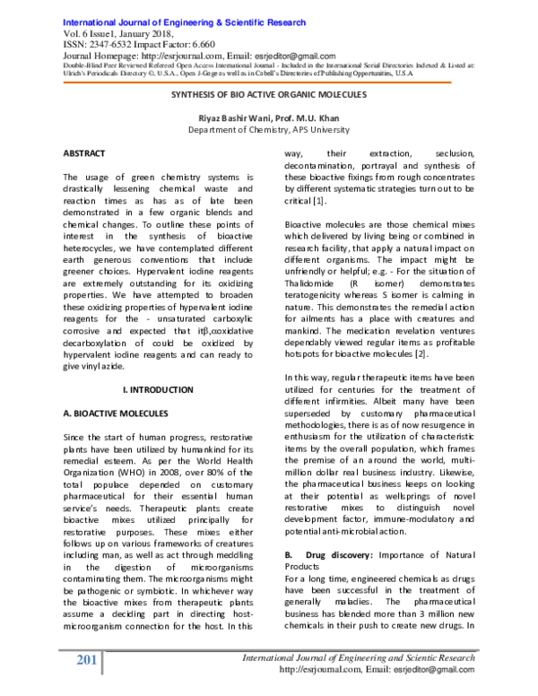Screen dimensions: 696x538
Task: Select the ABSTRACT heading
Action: tap(84, 153)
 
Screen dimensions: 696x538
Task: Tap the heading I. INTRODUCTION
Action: tap(157, 389)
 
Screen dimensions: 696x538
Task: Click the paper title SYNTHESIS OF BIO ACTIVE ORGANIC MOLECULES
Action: tap(268, 92)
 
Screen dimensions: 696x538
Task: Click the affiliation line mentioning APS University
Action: tap(268, 129)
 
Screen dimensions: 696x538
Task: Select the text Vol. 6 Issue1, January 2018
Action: tap(117, 32)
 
